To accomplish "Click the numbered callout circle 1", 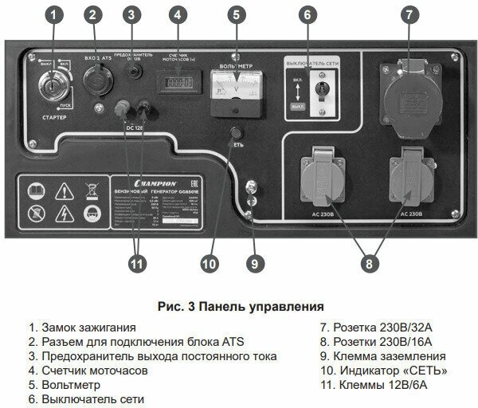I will (x=54, y=14).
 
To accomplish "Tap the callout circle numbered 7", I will (x=409, y=14).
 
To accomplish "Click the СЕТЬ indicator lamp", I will (x=236, y=132).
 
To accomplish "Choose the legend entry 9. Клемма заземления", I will (x=382, y=356).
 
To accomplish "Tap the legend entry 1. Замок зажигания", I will (x=82, y=328).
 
